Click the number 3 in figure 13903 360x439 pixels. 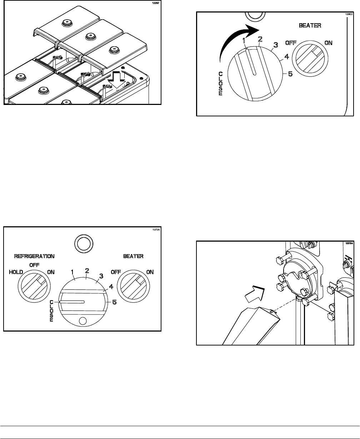coord(275,45)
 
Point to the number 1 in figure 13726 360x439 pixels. coord(73,272)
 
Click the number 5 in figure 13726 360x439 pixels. coord(114,302)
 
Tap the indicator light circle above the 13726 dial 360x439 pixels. coord(83,244)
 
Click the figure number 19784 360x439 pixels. coord(345,243)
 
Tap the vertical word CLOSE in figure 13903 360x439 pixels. coord(220,83)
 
